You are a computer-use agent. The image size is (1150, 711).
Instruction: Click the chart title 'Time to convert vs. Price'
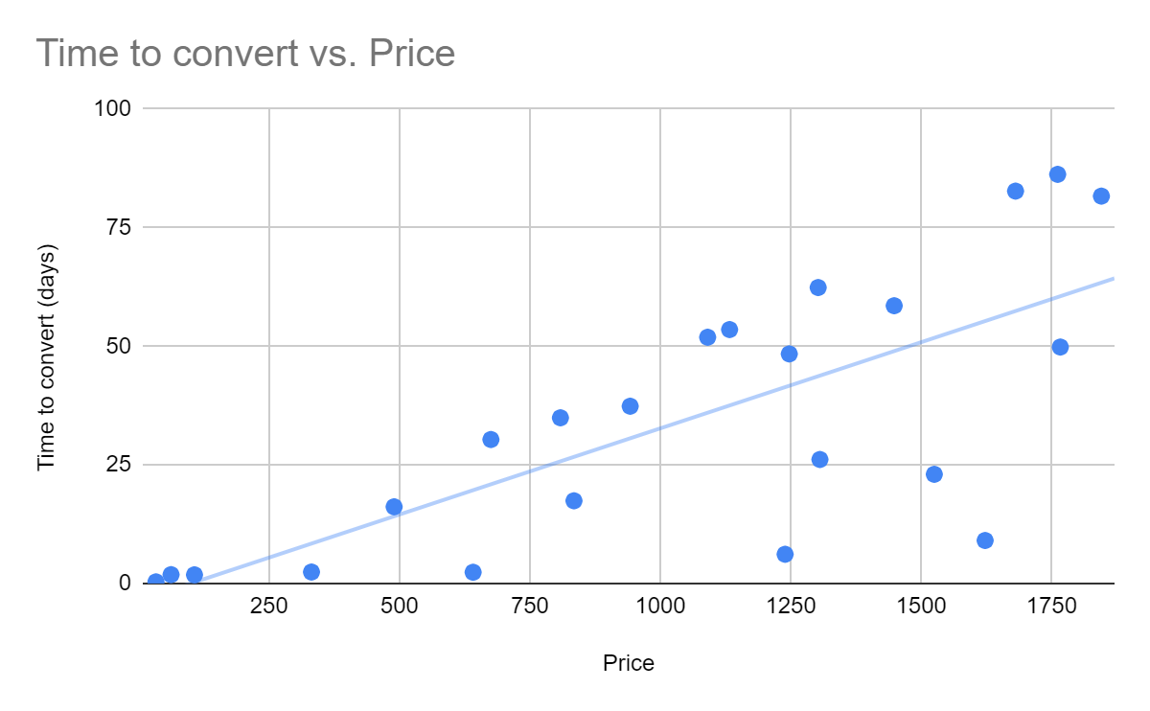click(x=245, y=54)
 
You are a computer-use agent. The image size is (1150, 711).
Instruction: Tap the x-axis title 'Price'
click(x=629, y=663)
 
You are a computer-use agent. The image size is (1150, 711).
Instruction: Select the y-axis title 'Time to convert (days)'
click(x=46, y=357)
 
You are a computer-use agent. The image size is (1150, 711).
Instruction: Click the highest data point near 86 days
click(x=1057, y=174)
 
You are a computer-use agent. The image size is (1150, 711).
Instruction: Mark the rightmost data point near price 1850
click(x=1101, y=196)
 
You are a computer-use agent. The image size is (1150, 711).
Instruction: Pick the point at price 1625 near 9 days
click(x=984, y=540)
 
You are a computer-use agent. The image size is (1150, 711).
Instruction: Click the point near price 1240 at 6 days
click(x=785, y=554)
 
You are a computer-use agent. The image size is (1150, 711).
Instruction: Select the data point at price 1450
click(x=894, y=306)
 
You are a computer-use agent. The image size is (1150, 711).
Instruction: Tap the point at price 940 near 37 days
click(x=630, y=406)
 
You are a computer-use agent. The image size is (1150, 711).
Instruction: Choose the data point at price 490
click(x=394, y=507)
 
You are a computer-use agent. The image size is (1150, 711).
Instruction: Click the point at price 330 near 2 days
click(x=310, y=572)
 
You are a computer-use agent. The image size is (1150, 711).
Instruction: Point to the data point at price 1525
click(x=934, y=474)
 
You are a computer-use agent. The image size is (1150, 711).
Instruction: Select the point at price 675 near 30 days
click(x=491, y=440)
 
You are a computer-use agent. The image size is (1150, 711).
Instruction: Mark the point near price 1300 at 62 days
click(x=817, y=287)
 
